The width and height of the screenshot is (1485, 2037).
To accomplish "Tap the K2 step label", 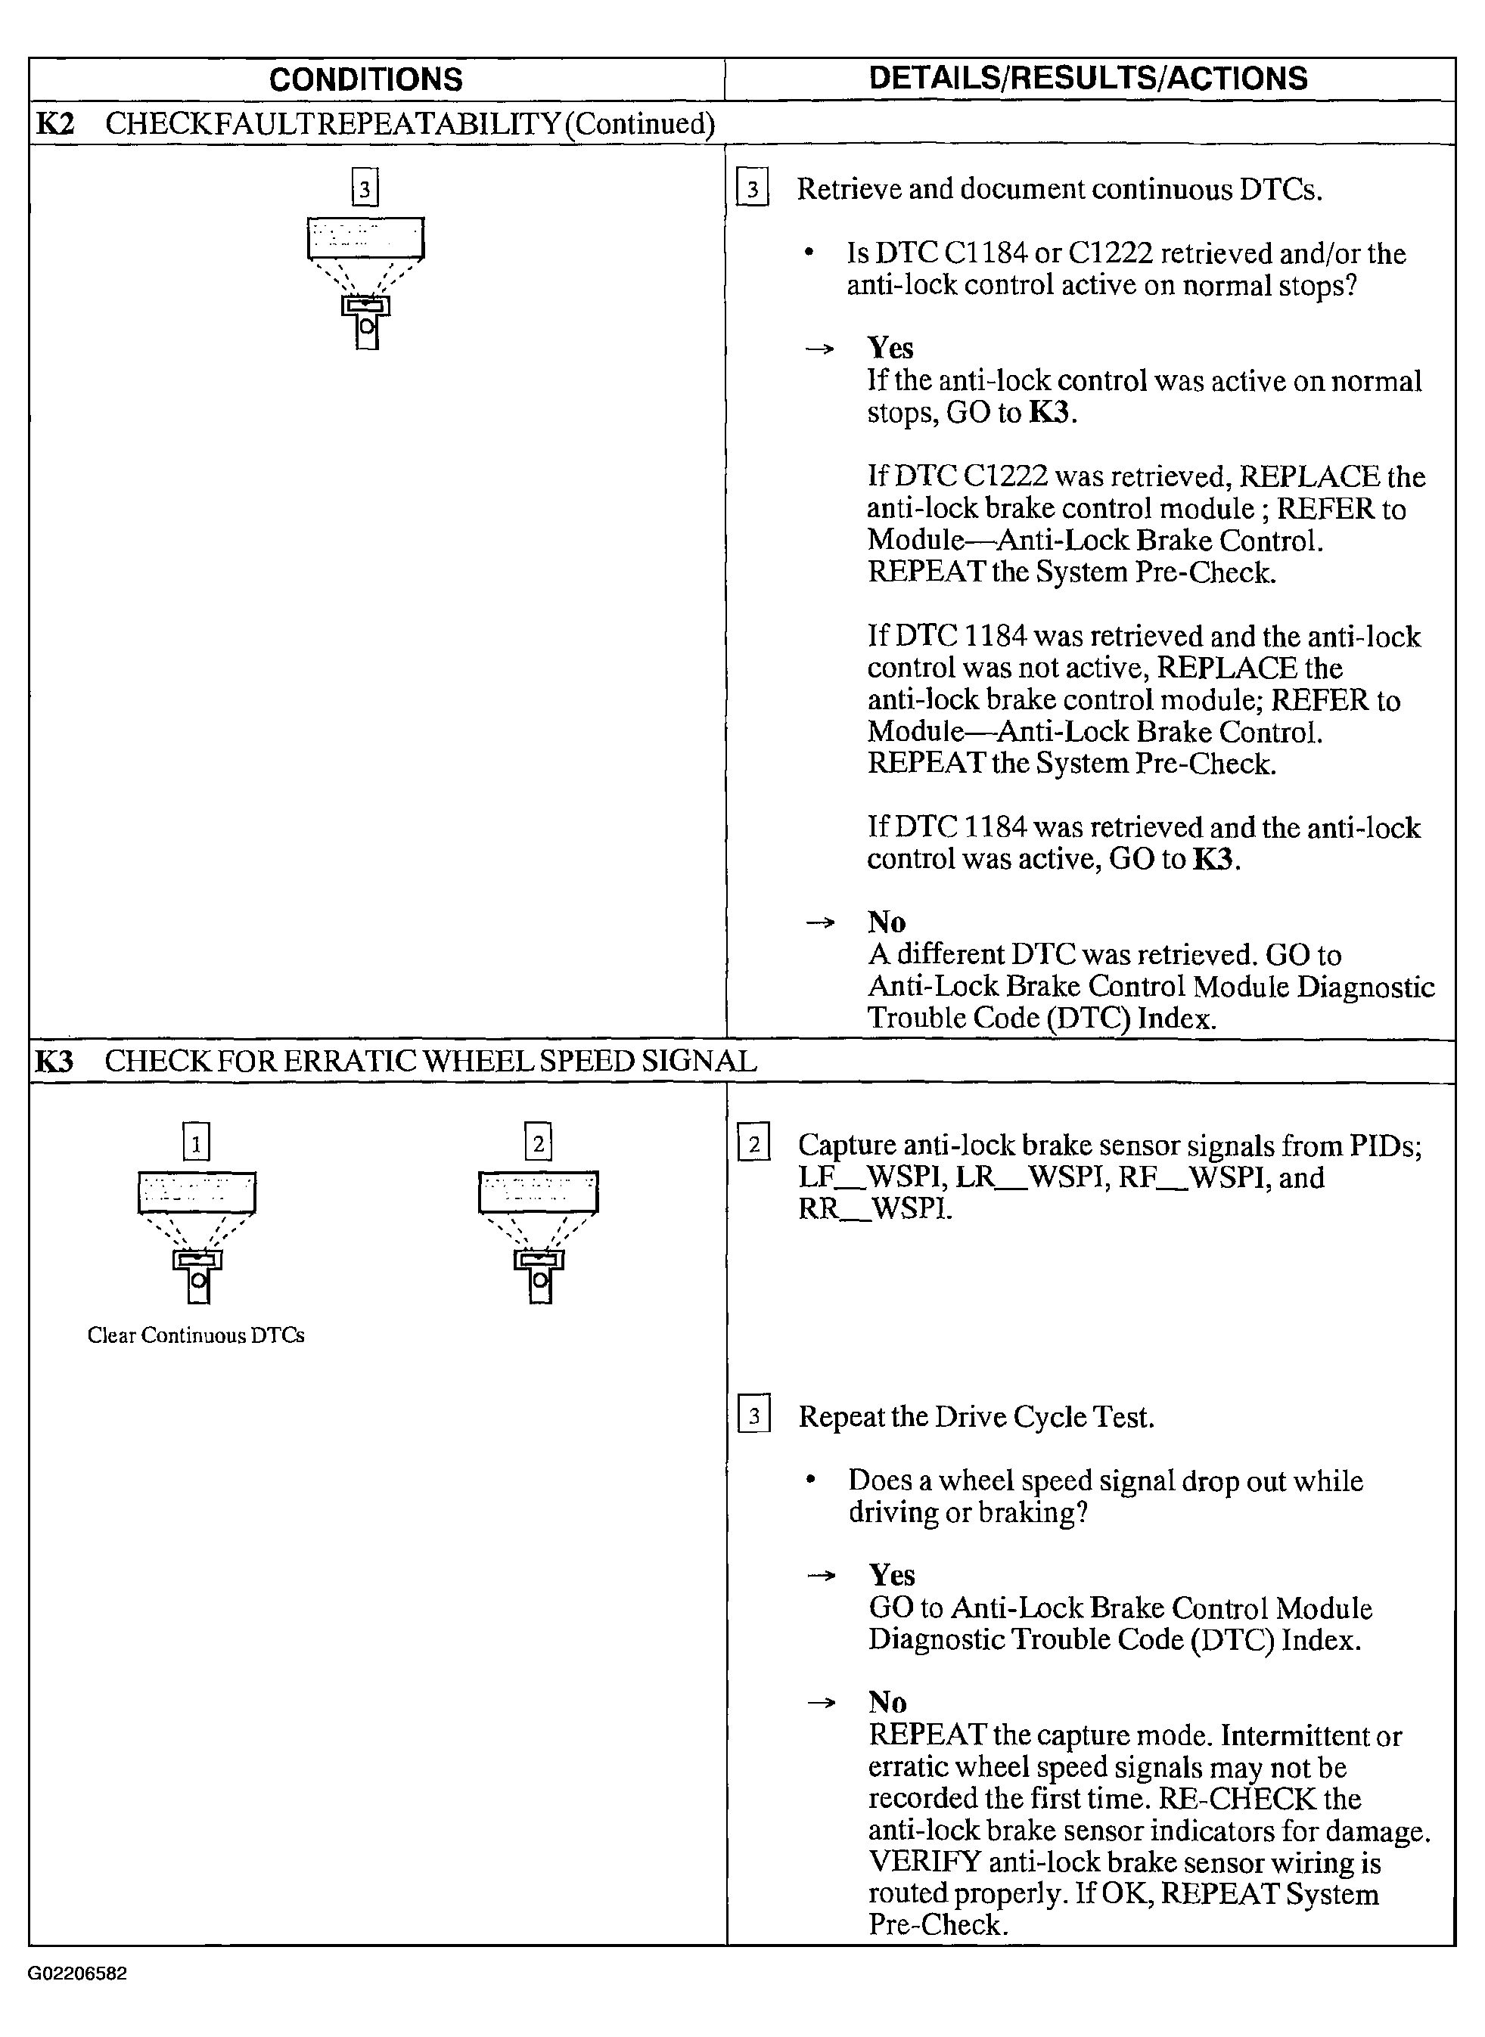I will (x=54, y=123).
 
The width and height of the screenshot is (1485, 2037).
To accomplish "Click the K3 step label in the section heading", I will (x=54, y=1061).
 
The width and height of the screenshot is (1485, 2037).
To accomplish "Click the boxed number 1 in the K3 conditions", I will (x=196, y=1143).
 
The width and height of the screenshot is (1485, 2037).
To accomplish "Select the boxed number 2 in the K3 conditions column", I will (x=538, y=1143).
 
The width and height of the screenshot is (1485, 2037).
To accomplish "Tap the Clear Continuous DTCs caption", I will (x=196, y=1335).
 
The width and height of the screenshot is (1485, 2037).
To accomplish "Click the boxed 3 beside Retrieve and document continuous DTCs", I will (x=753, y=190).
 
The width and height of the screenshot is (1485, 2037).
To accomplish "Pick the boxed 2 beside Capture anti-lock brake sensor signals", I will (x=753, y=1145).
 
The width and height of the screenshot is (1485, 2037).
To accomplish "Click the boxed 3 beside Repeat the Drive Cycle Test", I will (x=753, y=1417).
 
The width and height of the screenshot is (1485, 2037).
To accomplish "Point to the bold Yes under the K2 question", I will (x=890, y=348).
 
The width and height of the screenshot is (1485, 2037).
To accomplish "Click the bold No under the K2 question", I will (x=887, y=922).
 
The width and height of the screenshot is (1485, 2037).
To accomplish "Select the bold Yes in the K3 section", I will (x=891, y=1574).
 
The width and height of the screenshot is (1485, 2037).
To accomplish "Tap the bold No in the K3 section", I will (x=887, y=1702).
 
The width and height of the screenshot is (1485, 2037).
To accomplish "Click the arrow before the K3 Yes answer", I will (x=821, y=1575).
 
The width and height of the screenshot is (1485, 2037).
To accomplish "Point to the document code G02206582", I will (x=77, y=1974).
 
